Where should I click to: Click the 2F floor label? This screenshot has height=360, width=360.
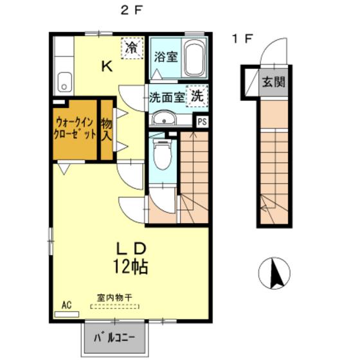[x=132, y=10]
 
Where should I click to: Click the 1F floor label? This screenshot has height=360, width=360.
[x=243, y=39]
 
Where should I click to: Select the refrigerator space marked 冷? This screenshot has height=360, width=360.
[x=132, y=48]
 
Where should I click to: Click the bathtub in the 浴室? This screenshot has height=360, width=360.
[x=194, y=58]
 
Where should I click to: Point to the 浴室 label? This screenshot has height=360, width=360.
[x=166, y=57]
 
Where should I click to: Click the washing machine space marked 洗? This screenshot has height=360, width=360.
[x=197, y=96]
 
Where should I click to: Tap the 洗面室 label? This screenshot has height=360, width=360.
[x=167, y=97]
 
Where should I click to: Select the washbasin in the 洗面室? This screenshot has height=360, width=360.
[x=164, y=119]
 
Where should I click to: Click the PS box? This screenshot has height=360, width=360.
[x=203, y=122]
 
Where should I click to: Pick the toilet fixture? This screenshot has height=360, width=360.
[x=163, y=154]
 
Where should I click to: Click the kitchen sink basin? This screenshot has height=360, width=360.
[x=64, y=82]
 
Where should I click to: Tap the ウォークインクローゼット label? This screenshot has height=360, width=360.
[x=75, y=128]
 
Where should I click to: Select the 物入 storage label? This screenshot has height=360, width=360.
[x=107, y=130]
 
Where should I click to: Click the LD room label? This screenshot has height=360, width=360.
[x=131, y=249]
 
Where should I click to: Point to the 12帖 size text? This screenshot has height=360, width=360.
[x=130, y=267]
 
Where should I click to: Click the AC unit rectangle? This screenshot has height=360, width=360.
[x=67, y=314]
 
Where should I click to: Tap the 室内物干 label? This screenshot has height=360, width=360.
[x=114, y=298]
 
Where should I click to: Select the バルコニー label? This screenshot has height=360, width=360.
[x=115, y=338]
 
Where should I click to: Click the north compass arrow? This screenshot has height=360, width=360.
[x=276, y=273]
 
